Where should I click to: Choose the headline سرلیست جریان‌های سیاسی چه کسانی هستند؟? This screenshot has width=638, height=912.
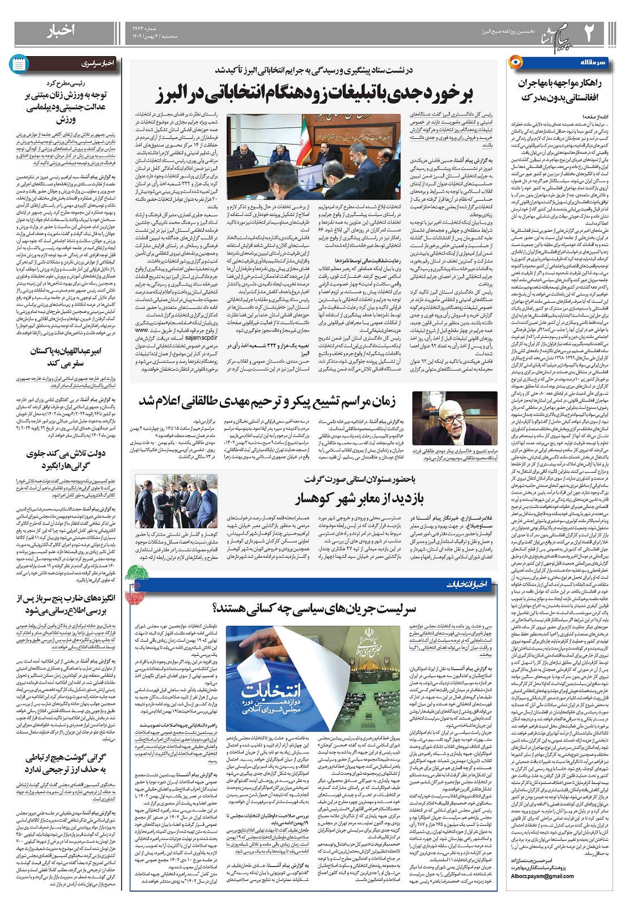pyautogui.click(x=314, y=609)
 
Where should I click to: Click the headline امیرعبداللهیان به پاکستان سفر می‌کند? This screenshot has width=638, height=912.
pyautogui.click(x=66, y=357)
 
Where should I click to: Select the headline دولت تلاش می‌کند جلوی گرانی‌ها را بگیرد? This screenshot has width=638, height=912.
pyautogui.click(x=66, y=460)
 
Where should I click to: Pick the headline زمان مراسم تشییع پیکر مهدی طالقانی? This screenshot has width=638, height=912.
pyautogui.click(x=267, y=401)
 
